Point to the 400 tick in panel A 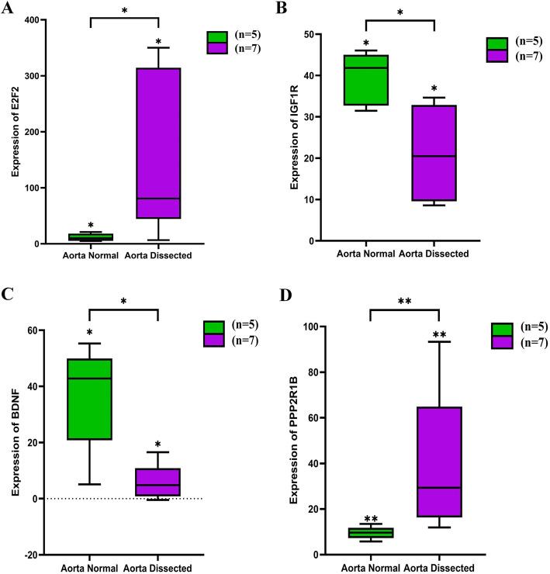coord(36,19)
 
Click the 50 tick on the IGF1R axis coord(316,35)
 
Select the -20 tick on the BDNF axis coord(36,555)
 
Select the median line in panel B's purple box coord(434,156)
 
